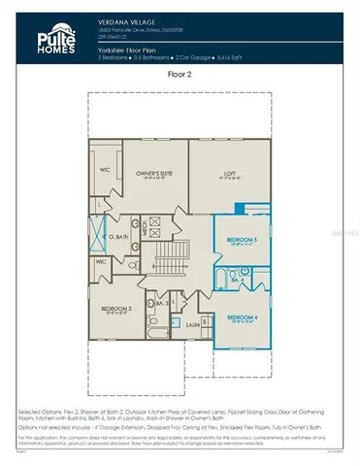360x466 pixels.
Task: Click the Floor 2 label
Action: click(x=180, y=71)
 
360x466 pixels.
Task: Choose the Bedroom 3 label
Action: click(x=115, y=310)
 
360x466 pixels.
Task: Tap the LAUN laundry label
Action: click(x=193, y=324)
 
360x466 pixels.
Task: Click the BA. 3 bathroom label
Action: click(x=162, y=304)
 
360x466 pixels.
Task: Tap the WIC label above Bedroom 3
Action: click(x=101, y=261)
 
